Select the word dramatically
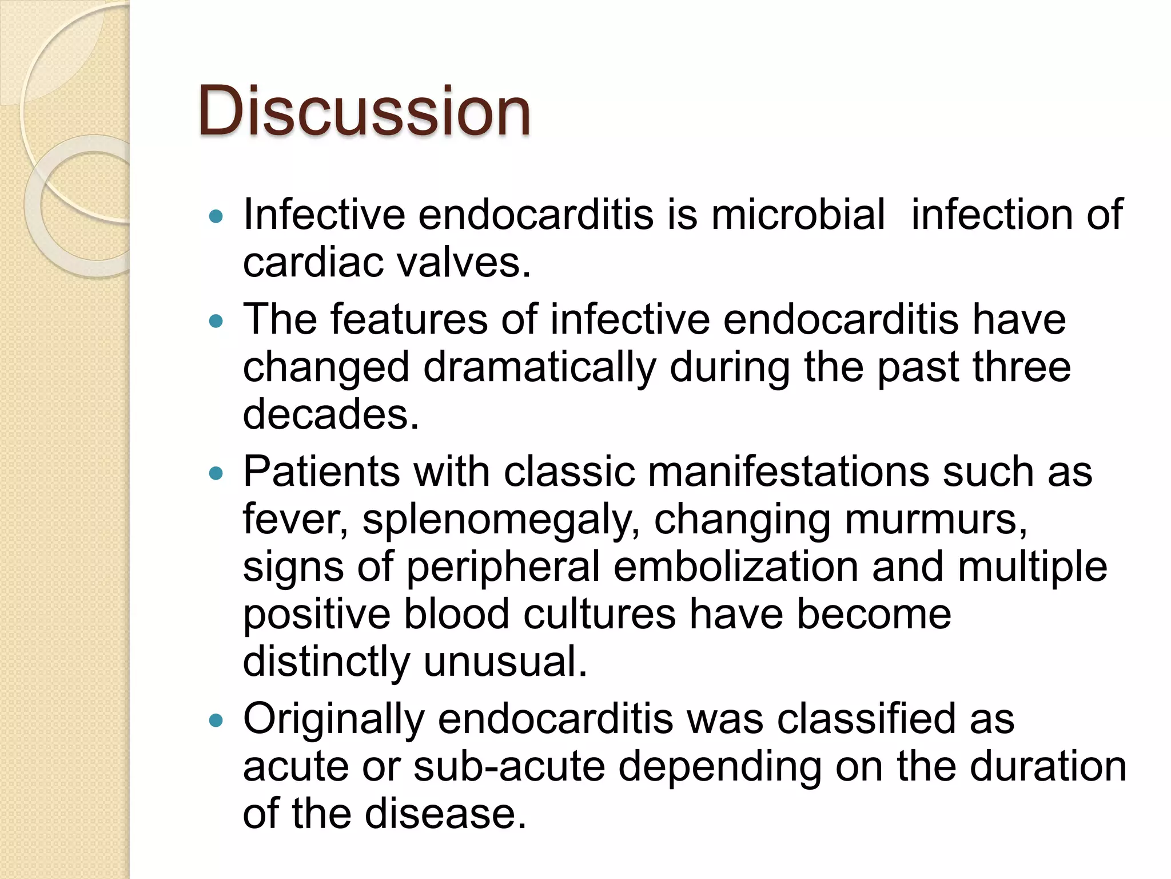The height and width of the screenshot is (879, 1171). tap(539, 367)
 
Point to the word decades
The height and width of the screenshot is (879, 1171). tap(331, 414)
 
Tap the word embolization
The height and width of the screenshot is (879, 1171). tap(736, 567)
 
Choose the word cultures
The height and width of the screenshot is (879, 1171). tap(599, 614)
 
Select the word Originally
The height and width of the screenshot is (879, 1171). tap(334, 719)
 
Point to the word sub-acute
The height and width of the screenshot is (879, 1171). tap(509, 766)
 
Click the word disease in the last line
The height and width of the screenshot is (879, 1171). tap(445, 814)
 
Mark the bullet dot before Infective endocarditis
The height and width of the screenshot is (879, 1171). tap(216, 216)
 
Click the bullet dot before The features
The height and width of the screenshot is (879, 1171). tap(216, 321)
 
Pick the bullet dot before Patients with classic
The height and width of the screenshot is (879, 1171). tap(216, 473)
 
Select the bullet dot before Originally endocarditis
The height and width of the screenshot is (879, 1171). tap(216, 720)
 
